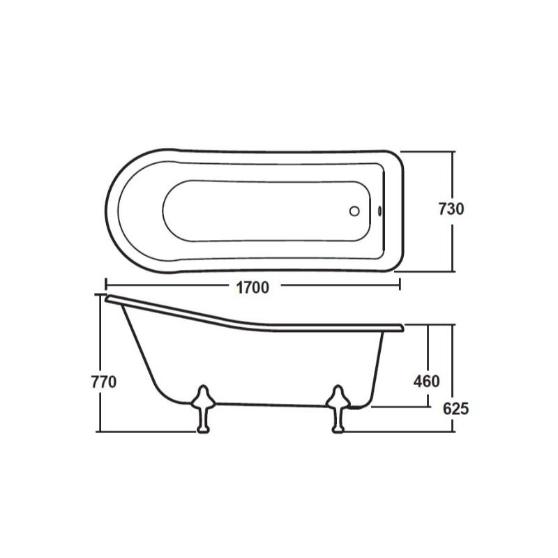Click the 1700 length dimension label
[x=252, y=287]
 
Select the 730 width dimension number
[x=451, y=209]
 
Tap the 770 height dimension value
[x=104, y=382]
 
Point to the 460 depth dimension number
[x=426, y=382]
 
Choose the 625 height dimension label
[x=455, y=409]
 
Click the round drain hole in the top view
[x=354, y=211]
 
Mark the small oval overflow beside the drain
[x=380, y=211]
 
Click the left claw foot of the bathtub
[x=203, y=409]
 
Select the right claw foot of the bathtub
[x=338, y=409]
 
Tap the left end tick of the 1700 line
[x=106, y=285]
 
